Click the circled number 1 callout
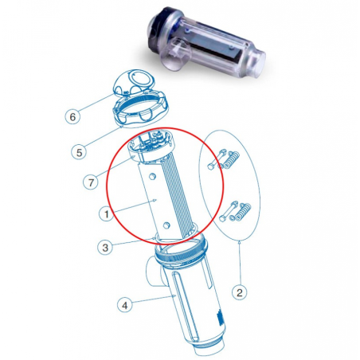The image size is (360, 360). (107, 213)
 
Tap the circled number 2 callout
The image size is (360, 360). (240, 292)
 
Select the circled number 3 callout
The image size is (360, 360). (105, 248)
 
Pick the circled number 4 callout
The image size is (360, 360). (125, 305)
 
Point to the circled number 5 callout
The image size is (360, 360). (80, 152)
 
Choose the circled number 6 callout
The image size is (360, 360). (72, 116)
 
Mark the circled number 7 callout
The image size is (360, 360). (91, 182)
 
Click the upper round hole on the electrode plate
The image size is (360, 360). (152, 176)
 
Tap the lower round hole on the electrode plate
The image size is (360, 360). (166, 225)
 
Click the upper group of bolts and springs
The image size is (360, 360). (224, 159)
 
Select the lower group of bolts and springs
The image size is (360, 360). (235, 212)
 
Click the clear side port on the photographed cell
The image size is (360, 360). (178, 53)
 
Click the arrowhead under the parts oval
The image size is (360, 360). (240, 241)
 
